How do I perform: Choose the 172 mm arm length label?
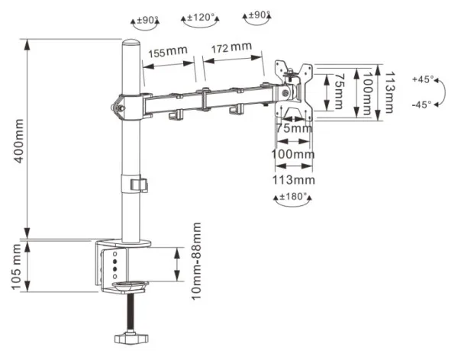(x=231, y=48)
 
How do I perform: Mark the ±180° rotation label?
(x=294, y=196)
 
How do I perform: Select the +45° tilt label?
(x=421, y=79)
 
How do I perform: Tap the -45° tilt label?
(x=421, y=104)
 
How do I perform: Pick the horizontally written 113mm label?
(x=294, y=180)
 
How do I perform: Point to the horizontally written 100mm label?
(x=294, y=155)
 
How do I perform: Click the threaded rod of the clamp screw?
(x=131, y=310)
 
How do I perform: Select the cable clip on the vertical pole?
(x=137, y=185)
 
